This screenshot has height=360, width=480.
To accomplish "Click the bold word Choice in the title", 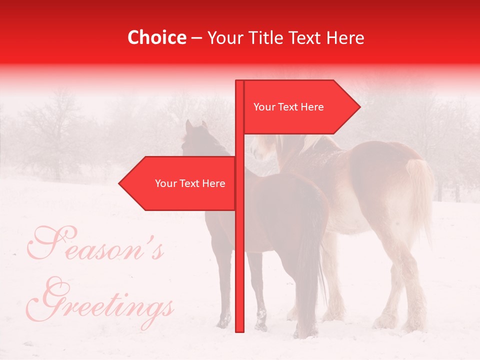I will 156,37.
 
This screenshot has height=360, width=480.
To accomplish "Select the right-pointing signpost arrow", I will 300,107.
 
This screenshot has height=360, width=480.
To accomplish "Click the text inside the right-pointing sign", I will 288,107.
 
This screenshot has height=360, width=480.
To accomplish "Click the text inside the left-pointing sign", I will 190,183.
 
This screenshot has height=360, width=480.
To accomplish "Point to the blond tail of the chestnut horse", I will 420,195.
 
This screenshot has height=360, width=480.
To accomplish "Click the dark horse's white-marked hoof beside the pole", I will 261,320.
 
